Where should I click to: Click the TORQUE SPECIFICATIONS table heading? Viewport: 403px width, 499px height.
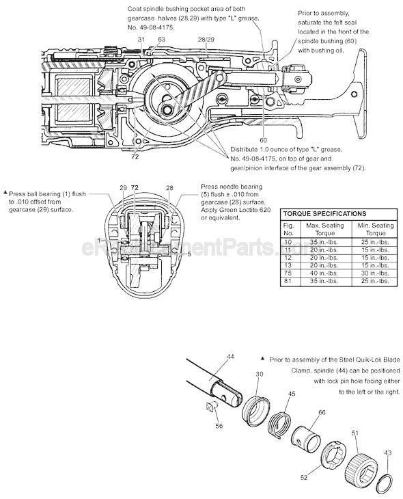point(324,214)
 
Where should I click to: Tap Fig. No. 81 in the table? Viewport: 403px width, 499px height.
point(289,281)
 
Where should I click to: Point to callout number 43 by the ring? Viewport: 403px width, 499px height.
point(388,453)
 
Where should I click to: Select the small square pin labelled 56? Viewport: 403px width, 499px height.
point(212,408)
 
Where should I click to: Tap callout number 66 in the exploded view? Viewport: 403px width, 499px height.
point(322,412)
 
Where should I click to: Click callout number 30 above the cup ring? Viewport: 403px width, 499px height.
point(259,374)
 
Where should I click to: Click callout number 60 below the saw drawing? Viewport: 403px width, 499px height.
point(263,140)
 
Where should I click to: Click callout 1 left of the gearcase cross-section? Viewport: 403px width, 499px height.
point(99,241)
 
